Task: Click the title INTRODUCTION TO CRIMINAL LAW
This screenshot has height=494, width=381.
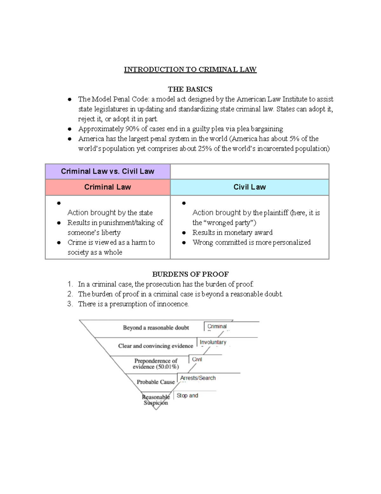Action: pyautogui.click(x=190, y=70)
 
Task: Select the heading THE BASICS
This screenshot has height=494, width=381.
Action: pyautogui.click(x=190, y=89)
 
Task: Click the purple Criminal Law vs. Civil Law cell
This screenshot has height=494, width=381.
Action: pyautogui.click(x=108, y=171)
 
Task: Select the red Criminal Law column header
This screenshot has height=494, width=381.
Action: pyautogui.click(x=108, y=187)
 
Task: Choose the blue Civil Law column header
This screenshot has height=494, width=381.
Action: pyautogui.click(x=250, y=187)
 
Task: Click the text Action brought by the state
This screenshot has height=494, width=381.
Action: pyautogui.click(x=110, y=212)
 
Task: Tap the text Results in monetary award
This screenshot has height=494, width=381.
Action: pyautogui.click(x=232, y=233)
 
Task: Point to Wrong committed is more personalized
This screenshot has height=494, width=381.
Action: pyautogui.click(x=251, y=242)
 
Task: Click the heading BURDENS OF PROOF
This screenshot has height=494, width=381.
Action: pyautogui.click(x=190, y=274)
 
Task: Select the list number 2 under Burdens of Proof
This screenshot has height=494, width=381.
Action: pyautogui.click(x=70, y=294)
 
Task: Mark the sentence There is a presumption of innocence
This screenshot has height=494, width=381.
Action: pyautogui.click(x=133, y=304)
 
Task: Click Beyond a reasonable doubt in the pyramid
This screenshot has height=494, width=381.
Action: pyautogui.click(x=156, y=328)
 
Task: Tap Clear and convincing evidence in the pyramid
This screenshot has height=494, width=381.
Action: pyautogui.click(x=156, y=346)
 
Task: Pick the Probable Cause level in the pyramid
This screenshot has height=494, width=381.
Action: pyautogui.click(x=156, y=382)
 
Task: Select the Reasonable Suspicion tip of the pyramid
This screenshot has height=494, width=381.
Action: pyautogui.click(x=156, y=400)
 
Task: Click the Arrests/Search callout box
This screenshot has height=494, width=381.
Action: pyautogui.click(x=198, y=378)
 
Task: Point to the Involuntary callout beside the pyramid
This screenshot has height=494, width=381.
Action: pyautogui.click(x=213, y=342)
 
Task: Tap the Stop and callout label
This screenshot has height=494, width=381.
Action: pyautogui.click(x=187, y=395)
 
